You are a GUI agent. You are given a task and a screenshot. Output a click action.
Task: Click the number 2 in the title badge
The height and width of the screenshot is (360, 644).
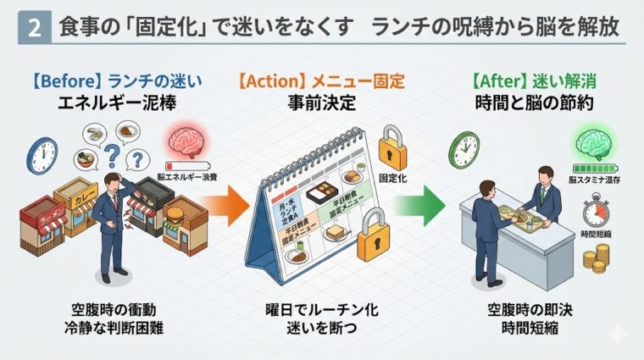[x=33, y=28]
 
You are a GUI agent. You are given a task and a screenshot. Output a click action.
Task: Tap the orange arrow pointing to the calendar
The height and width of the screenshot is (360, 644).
[x=227, y=206]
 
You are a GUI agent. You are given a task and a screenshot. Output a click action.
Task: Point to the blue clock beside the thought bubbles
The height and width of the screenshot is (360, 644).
[x=42, y=155]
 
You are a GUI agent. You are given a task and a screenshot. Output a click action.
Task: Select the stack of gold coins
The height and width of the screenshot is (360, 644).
[x=601, y=257]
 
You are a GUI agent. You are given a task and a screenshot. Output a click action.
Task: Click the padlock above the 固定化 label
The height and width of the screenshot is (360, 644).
[x=391, y=148]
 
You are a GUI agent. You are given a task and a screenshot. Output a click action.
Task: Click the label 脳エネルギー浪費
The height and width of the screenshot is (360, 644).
[x=188, y=176]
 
